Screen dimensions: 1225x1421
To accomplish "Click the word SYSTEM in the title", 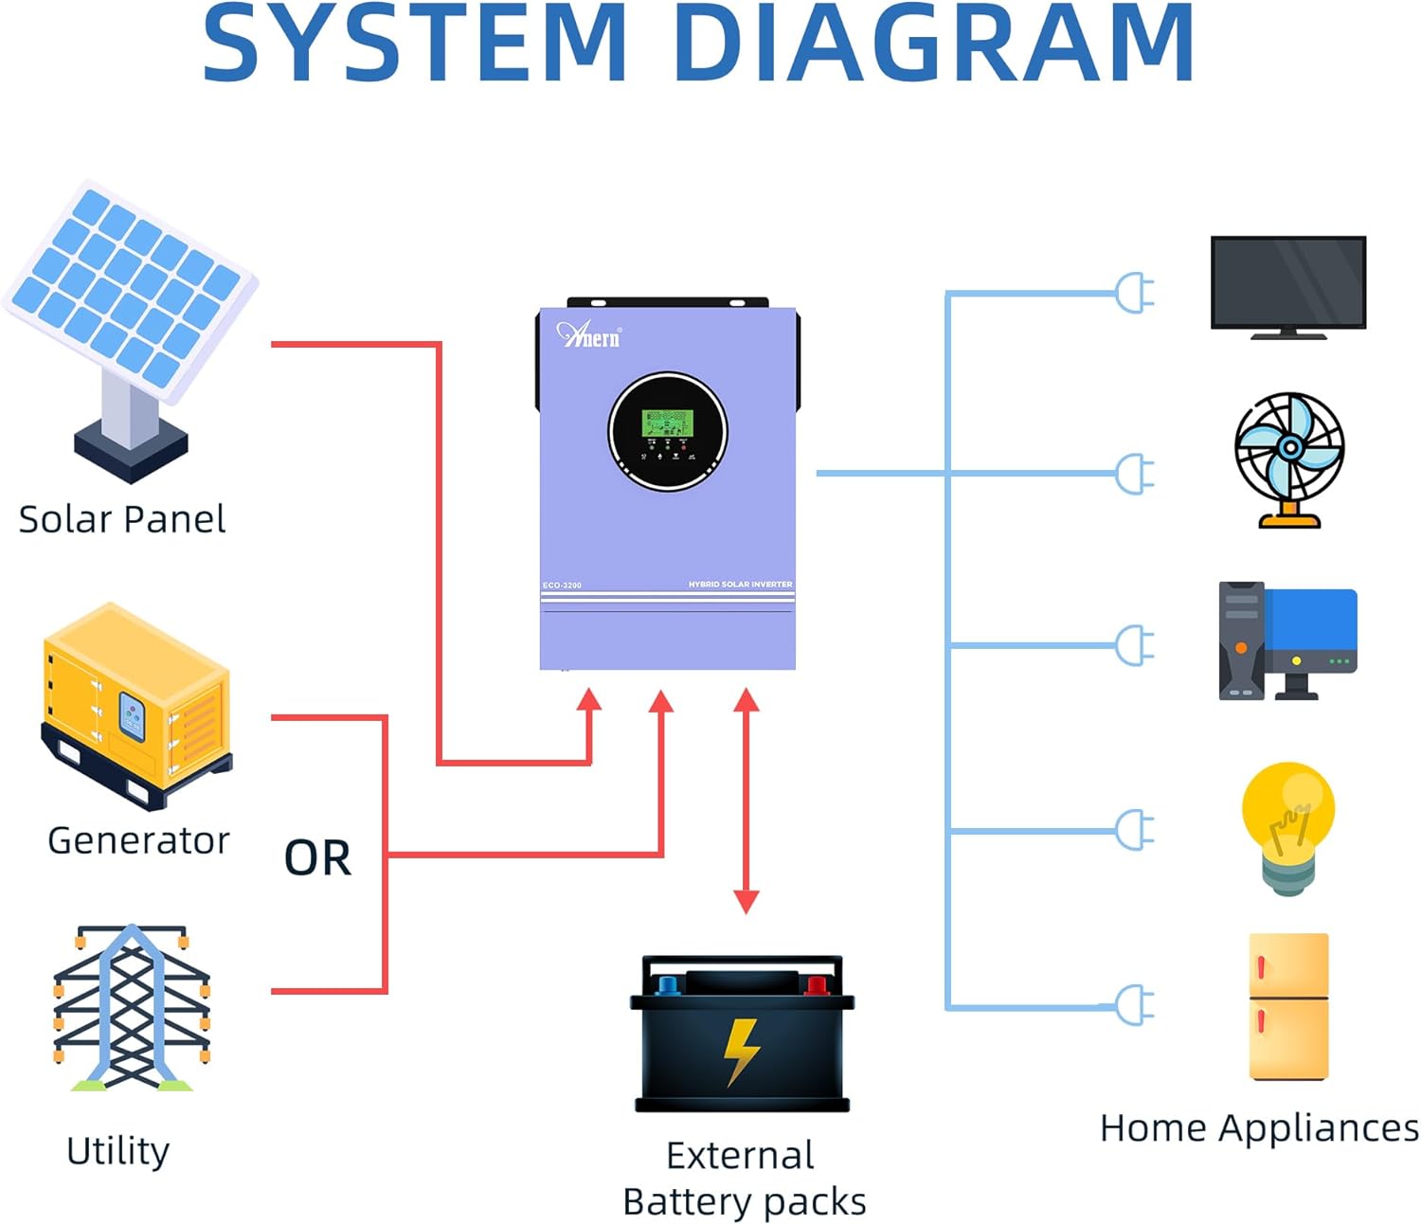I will [414, 43].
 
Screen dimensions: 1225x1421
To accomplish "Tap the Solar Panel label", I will [122, 519].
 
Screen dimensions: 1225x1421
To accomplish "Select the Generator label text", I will [138, 840].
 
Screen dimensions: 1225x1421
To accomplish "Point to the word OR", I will [317, 858].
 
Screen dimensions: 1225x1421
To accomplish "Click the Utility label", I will [118, 1150].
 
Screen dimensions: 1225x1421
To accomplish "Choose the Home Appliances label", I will [1259, 1127].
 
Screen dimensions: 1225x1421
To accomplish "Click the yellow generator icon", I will [136, 705].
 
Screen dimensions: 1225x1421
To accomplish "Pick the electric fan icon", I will [1289, 459].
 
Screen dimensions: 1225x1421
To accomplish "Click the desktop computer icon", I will [1287, 640].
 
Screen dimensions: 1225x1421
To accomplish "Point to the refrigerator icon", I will [1288, 1006].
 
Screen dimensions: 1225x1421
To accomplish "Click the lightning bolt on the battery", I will [741, 1051].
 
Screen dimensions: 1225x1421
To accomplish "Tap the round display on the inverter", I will [668, 431].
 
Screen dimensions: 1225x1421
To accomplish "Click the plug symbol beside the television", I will [1135, 293].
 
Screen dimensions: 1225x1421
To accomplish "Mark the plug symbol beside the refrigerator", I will [1135, 1005].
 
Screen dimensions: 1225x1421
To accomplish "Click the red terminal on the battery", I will [816, 985].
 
